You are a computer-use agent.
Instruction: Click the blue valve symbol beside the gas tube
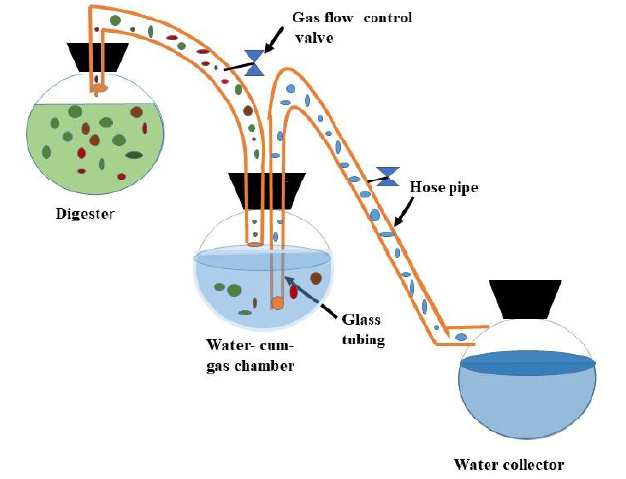pos(255,63)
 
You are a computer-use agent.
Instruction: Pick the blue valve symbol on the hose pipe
pos(388,176)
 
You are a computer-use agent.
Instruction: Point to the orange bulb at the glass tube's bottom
pos(278,302)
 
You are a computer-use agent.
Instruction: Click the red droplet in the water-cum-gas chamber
pos(293,291)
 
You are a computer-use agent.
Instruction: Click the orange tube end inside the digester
pos(98,89)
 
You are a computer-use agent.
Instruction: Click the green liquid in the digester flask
pos(59,146)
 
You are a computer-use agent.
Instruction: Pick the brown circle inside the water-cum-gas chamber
pos(316,279)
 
